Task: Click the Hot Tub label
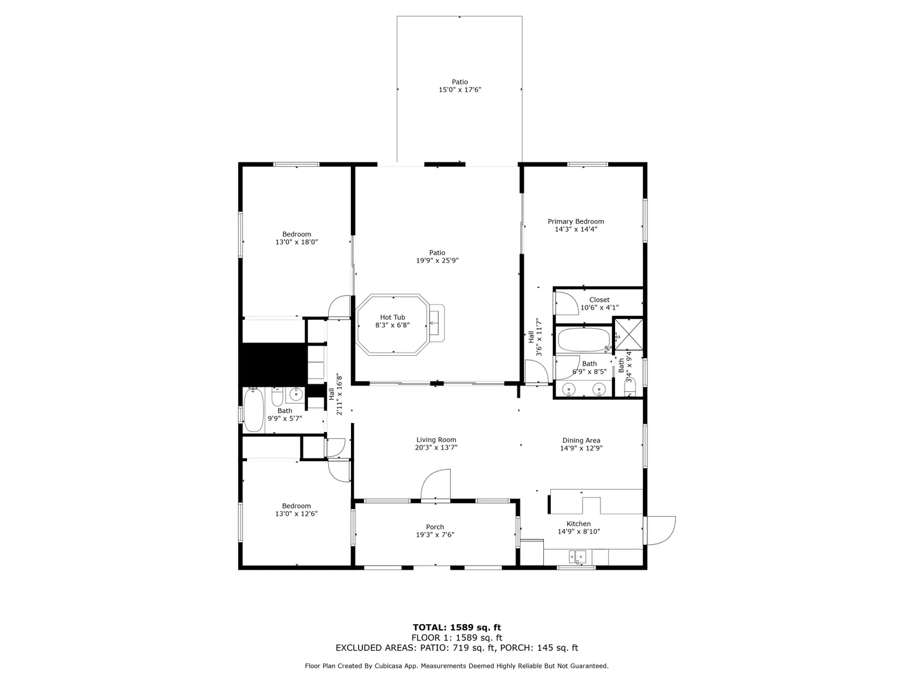pyautogui.click(x=392, y=317)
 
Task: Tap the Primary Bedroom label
pyautogui.click(x=576, y=222)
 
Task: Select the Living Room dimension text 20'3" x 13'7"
pyautogui.click(x=436, y=448)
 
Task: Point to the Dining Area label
pyautogui.click(x=581, y=440)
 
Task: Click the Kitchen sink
pyautogui.click(x=578, y=556)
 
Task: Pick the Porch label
pyautogui.click(x=435, y=527)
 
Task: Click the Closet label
pyautogui.click(x=599, y=300)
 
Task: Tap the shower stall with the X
pyautogui.click(x=629, y=334)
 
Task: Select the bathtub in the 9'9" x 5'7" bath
pyautogui.click(x=254, y=410)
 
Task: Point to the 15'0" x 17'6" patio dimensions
pyautogui.click(x=460, y=89)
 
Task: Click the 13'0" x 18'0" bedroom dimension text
pyautogui.click(x=296, y=242)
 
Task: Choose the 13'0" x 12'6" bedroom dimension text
pyautogui.click(x=296, y=514)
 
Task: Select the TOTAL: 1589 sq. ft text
pyautogui.click(x=457, y=628)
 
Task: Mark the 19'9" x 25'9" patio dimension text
pyautogui.click(x=437, y=260)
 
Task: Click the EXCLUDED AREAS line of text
pyautogui.click(x=457, y=648)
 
